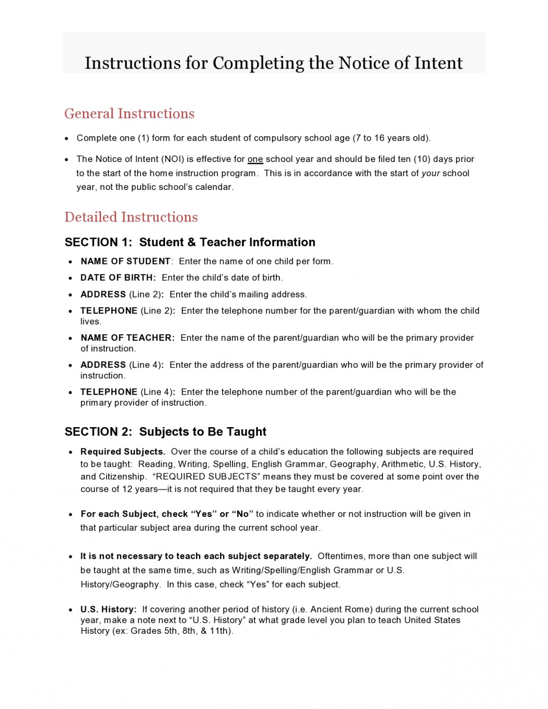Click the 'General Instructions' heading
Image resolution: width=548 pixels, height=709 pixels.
pyautogui.click(x=129, y=113)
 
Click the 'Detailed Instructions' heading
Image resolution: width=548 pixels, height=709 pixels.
pyautogui.click(x=131, y=217)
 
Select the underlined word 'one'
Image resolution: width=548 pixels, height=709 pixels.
pyautogui.click(x=255, y=159)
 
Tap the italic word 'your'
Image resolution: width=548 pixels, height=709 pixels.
pyautogui.click(x=431, y=173)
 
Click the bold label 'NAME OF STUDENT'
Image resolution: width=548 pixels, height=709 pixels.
pyautogui.click(x=125, y=261)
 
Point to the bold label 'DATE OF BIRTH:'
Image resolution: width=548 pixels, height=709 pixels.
pyautogui.click(x=118, y=278)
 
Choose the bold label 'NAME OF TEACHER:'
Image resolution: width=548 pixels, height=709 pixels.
pyautogui.click(x=127, y=338)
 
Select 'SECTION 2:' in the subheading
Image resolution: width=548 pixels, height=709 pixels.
pyautogui.click(x=98, y=432)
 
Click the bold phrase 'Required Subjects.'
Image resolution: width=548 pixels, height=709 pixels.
pyautogui.click(x=123, y=452)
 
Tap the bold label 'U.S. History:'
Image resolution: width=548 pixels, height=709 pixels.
pyautogui.click(x=108, y=609)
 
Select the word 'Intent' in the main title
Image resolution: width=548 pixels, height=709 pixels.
pyautogui.click(x=438, y=63)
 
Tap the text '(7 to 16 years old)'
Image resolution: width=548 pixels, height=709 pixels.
pyautogui.click(x=392, y=138)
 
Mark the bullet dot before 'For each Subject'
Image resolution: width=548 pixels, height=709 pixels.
pyautogui.click(x=71, y=514)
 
